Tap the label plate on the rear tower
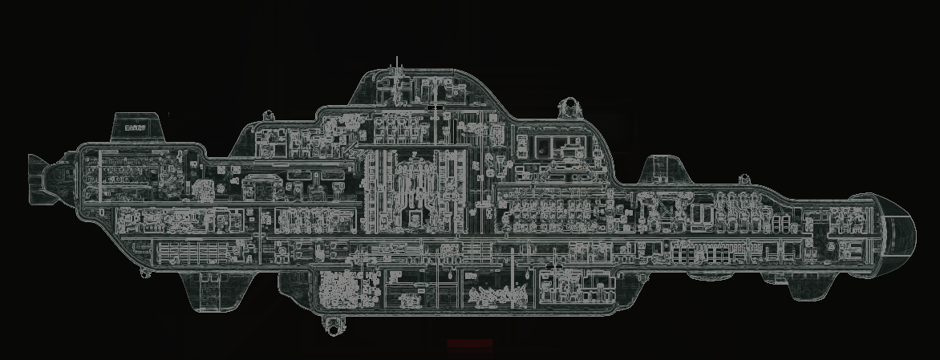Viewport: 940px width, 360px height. pyautogui.click(x=135, y=127)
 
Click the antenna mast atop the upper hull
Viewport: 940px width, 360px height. pyautogui.click(x=397, y=64)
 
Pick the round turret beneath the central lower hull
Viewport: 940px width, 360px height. pyautogui.click(x=331, y=323)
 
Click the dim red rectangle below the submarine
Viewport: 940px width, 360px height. pyautogui.click(x=470, y=344)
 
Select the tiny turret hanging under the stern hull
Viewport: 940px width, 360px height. pyautogui.click(x=144, y=273)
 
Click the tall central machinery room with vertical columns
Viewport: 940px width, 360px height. pyautogui.click(x=412, y=188)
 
